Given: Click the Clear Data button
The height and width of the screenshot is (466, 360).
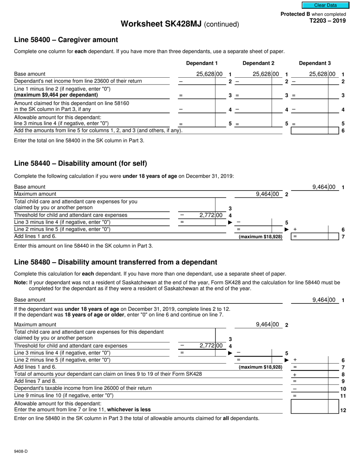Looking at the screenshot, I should point(325,5).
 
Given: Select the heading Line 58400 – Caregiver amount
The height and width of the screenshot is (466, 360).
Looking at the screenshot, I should point(66,40).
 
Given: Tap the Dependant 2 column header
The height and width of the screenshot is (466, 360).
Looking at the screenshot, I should point(258,63).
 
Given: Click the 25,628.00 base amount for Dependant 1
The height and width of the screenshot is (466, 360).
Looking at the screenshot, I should point(209,74).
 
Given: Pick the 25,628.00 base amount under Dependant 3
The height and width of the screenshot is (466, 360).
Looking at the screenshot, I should point(322,74).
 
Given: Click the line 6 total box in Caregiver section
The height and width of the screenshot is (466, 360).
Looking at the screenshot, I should point(314,131).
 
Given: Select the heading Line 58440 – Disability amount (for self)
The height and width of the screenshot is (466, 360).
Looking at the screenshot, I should point(80,164).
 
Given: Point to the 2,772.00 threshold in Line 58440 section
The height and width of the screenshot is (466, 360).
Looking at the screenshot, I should point(210,215).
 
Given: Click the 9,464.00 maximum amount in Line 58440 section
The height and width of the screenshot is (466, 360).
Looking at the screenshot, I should point(267,194).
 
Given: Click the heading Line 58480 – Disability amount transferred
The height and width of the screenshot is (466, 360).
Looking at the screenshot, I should point(116,262).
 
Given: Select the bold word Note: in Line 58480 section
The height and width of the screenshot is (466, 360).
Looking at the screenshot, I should point(21,282).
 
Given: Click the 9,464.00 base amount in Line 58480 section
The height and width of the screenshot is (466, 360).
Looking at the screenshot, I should point(324,300).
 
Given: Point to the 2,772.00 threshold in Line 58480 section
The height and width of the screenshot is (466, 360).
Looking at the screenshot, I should point(210,346).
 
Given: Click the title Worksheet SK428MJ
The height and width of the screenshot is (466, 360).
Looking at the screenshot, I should point(161,24).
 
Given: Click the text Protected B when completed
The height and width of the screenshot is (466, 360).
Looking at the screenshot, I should point(313,14).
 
